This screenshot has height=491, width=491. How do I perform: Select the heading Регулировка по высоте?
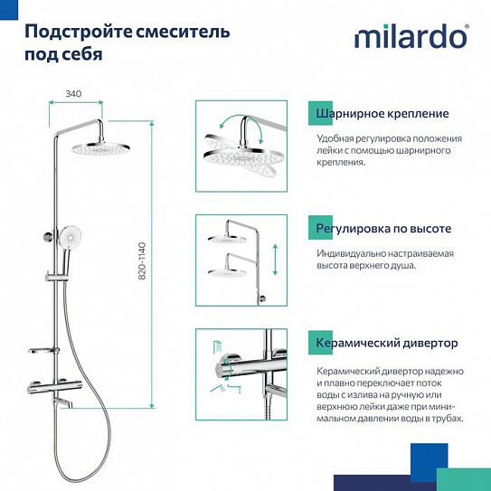tap(383, 228)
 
